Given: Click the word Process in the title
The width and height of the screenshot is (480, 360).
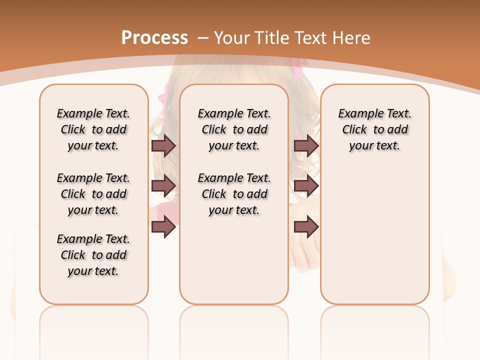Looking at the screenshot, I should (x=154, y=38).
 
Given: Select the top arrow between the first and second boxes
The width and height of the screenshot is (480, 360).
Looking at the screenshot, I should (x=163, y=145).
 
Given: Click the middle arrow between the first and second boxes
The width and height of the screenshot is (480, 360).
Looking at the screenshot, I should (x=163, y=186).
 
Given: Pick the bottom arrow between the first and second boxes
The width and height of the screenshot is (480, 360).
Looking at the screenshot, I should (x=163, y=226).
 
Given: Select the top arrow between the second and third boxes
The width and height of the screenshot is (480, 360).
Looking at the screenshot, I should (x=306, y=145).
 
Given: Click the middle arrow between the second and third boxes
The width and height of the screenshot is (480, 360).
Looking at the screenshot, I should (x=306, y=186).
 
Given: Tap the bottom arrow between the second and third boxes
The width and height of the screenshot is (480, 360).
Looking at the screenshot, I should (x=306, y=226).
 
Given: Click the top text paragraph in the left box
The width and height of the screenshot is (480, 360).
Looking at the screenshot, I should (x=93, y=129).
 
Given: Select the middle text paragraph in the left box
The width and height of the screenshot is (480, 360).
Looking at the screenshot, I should (x=93, y=194).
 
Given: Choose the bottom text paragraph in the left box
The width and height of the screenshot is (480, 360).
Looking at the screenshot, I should (x=93, y=255).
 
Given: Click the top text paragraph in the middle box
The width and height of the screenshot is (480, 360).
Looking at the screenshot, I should (x=234, y=129).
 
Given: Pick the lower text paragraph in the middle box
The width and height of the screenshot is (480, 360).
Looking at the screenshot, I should (x=234, y=194).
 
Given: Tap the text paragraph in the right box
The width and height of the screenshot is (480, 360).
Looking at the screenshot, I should (x=375, y=129).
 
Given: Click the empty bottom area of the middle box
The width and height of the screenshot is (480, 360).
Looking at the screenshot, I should (x=234, y=265).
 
